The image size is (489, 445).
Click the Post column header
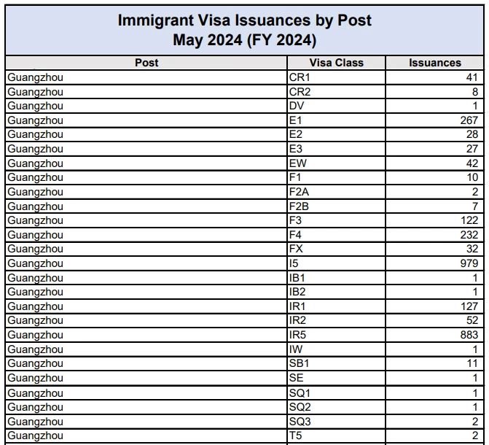point(146,63)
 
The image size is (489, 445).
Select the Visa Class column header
point(336,63)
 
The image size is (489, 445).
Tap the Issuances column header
point(435,63)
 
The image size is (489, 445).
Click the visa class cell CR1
point(300,77)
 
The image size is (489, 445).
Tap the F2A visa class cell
point(300,192)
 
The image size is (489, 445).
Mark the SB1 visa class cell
point(300,363)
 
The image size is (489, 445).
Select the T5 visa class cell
point(295,436)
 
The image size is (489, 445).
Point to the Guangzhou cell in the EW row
point(35,163)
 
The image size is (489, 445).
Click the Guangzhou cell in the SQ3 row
point(35,421)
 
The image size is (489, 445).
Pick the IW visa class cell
point(296,349)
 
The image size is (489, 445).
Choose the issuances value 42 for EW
point(472,163)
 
